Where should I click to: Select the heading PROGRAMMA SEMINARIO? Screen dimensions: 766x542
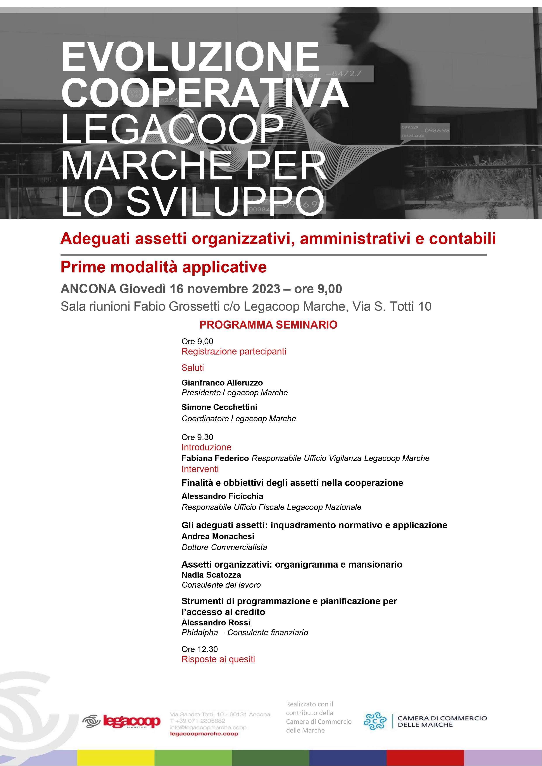point(268,325)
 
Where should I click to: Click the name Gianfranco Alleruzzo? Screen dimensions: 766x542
point(222,383)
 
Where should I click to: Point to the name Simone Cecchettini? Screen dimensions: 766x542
point(219,407)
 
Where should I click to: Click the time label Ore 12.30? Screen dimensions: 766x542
point(200,649)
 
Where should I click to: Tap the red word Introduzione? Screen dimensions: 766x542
point(206,447)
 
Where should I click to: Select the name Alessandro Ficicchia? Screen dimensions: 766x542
point(222,496)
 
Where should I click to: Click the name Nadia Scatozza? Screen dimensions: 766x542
point(211,575)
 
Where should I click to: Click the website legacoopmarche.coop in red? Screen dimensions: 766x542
point(204,734)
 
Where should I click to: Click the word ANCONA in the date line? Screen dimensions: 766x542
point(88,289)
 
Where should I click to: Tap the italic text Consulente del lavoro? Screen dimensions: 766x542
point(221,585)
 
